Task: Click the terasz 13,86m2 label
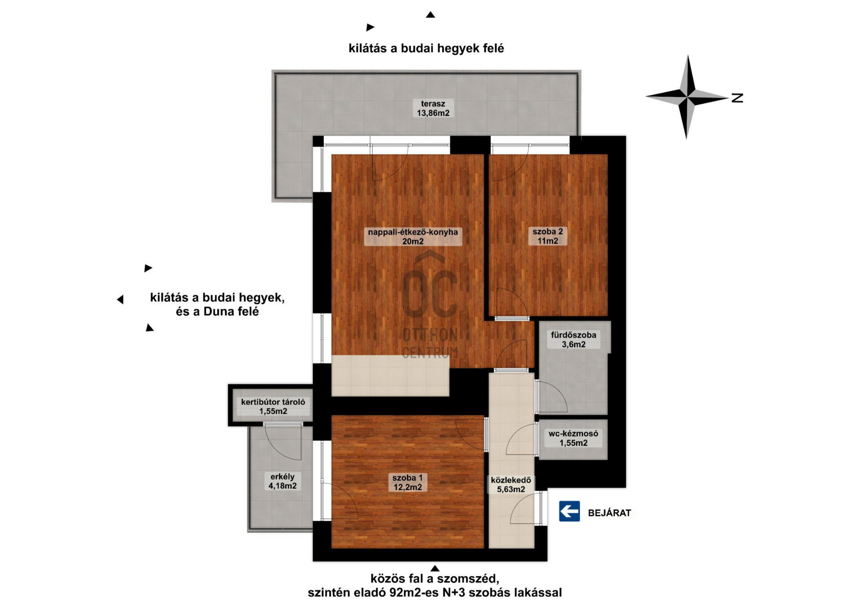[433, 108]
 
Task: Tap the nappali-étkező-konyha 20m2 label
[413, 237]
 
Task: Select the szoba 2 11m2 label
[548, 236]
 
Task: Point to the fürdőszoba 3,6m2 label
[573, 340]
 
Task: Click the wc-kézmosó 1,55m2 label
[573, 438]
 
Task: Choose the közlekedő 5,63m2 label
[511, 485]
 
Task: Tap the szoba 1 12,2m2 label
[408, 483]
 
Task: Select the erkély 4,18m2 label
[282, 481]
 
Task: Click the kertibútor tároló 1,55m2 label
[273, 406]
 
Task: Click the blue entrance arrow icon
[569, 511]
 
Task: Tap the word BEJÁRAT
[609, 513]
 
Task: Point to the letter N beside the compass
[737, 98]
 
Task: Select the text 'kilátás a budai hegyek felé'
[426, 48]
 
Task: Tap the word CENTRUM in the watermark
[430, 353]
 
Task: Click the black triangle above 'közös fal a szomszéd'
[434, 568]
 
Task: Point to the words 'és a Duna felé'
[217, 311]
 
